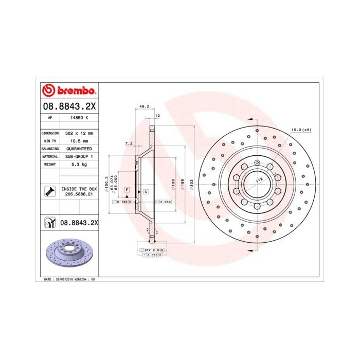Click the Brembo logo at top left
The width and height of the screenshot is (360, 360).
(x=69, y=91)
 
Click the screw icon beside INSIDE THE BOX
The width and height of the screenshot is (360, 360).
(x=49, y=192)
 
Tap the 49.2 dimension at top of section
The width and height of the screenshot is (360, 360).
(x=145, y=107)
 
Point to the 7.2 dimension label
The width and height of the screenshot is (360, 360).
(x=129, y=144)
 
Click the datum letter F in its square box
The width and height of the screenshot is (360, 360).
(x=126, y=190)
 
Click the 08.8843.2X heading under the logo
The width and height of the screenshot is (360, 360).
(x=69, y=105)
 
